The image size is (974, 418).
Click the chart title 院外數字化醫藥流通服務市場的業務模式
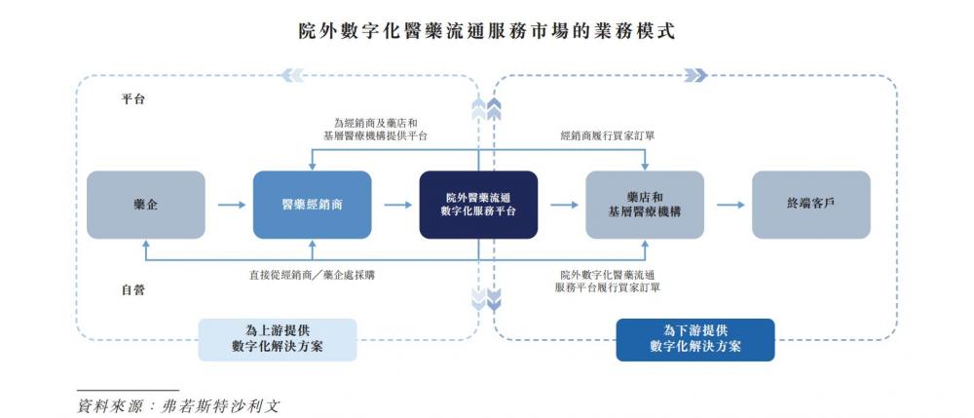tap(486, 30)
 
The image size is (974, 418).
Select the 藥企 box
tap(146, 205)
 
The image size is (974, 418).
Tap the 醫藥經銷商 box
tap(312, 205)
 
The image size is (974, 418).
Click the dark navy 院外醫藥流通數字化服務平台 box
tap(478, 205)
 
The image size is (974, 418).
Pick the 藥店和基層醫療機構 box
tap(644, 205)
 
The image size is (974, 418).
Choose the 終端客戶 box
tap(810, 205)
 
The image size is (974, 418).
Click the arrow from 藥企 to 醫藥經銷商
tap(230, 205)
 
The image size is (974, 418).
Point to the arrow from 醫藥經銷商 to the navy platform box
tap(396, 205)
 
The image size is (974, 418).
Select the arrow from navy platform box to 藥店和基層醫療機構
tap(562, 205)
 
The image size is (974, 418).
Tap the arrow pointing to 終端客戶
tap(729, 205)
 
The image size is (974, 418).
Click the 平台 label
tap(133, 99)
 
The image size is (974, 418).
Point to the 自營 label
tap(133, 289)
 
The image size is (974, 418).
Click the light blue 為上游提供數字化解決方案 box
tap(278, 339)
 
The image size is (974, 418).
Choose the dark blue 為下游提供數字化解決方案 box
tap(695, 339)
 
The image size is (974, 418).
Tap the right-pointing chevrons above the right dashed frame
tap(695, 75)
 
